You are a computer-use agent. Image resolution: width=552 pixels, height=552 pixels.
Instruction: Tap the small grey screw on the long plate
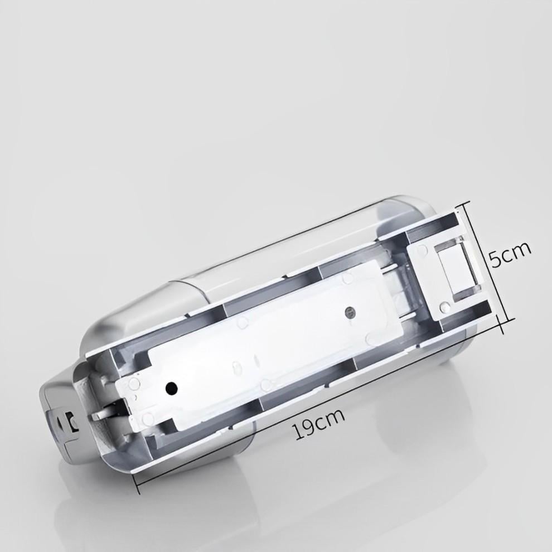(x=350, y=311)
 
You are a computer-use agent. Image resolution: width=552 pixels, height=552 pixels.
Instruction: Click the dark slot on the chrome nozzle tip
(x=71, y=422)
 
